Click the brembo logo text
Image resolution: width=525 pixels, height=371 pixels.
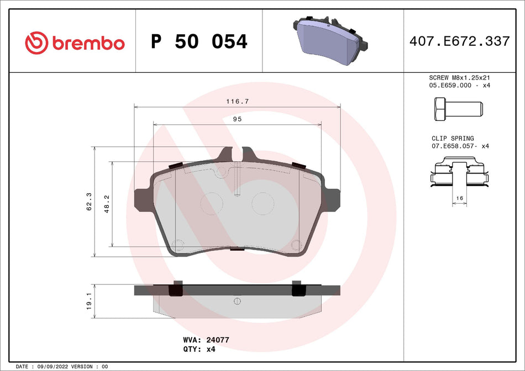coord(88,43)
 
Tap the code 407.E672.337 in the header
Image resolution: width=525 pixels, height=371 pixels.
coord(459,41)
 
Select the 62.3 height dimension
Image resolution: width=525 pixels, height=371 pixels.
coord(89,202)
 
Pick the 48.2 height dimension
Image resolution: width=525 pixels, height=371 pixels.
coord(107,204)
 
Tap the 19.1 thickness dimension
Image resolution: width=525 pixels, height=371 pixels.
coord(89,301)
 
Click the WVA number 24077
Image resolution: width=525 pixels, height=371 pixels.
coord(218,340)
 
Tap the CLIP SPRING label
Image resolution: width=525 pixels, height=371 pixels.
coord(453,139)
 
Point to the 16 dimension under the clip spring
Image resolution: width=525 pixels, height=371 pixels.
coord(459,197)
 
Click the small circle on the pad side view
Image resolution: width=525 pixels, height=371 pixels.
coord(237,301)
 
